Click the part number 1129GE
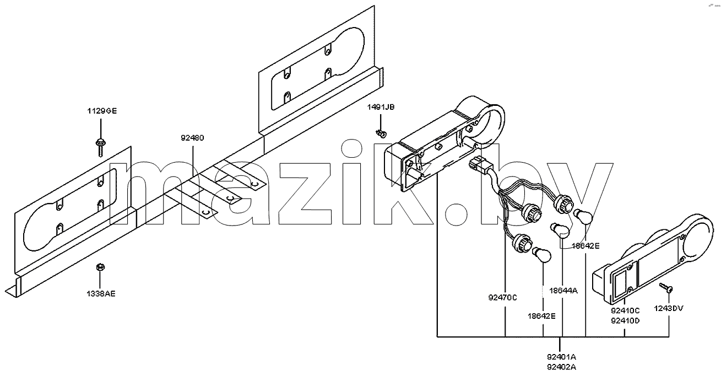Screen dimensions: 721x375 pyautogui.click(x=102, y=111)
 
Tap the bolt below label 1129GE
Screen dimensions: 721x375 pyautogui.click(x=101, y=148)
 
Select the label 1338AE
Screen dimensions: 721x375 pyautogui.click(x=101, y=294)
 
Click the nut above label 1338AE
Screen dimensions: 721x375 pyautogui.click(x=101, y=267)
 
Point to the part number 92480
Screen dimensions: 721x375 pyautogui.click(x=192, y=138)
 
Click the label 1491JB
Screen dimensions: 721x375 pyautogui.click(x=381, y=107)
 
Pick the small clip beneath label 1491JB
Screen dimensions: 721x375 pyautogui.click(x=381, y=133)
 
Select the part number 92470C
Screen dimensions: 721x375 pyautogui.click(x=502, y=298)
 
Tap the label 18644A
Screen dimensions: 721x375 pyautogui.click(x=563, y=291)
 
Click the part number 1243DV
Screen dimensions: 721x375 pyautogui.click(x=669, y=308)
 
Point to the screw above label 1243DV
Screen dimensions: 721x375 pyautogui.click(x=665, y=287)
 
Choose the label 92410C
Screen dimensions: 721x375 pyautogui.click(x=625, y=310)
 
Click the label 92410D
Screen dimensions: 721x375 pyautogui.click(x=625, y=321)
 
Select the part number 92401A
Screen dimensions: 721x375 pyautogui.click(x=561, y=357)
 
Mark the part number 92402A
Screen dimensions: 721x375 pyautogui.click(x=561, y=367)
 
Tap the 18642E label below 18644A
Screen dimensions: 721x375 pyautogui.click(x=542, y=316)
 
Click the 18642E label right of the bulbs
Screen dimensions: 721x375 pyautogui.click(x=586, y=246)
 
